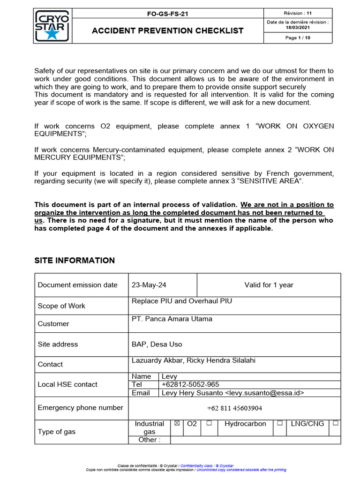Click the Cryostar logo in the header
pos(52,26)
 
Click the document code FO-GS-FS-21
pos(167,14)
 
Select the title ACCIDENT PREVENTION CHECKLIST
pos(167,31)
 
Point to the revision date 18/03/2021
pos(298,28)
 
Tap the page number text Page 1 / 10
pos(298,38)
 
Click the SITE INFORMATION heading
pos(75,261)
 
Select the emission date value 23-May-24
pos(149,285)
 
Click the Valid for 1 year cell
pos(269,285)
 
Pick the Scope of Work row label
pos(61,306)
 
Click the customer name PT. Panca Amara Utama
pos(172,319)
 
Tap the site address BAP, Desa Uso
pos(157,344)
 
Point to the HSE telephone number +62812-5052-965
pos(190,384)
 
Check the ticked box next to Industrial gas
pos(177,423)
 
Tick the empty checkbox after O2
pos(209,423)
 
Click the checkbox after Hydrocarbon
pos(279,423)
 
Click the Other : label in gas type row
pos(149,440)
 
